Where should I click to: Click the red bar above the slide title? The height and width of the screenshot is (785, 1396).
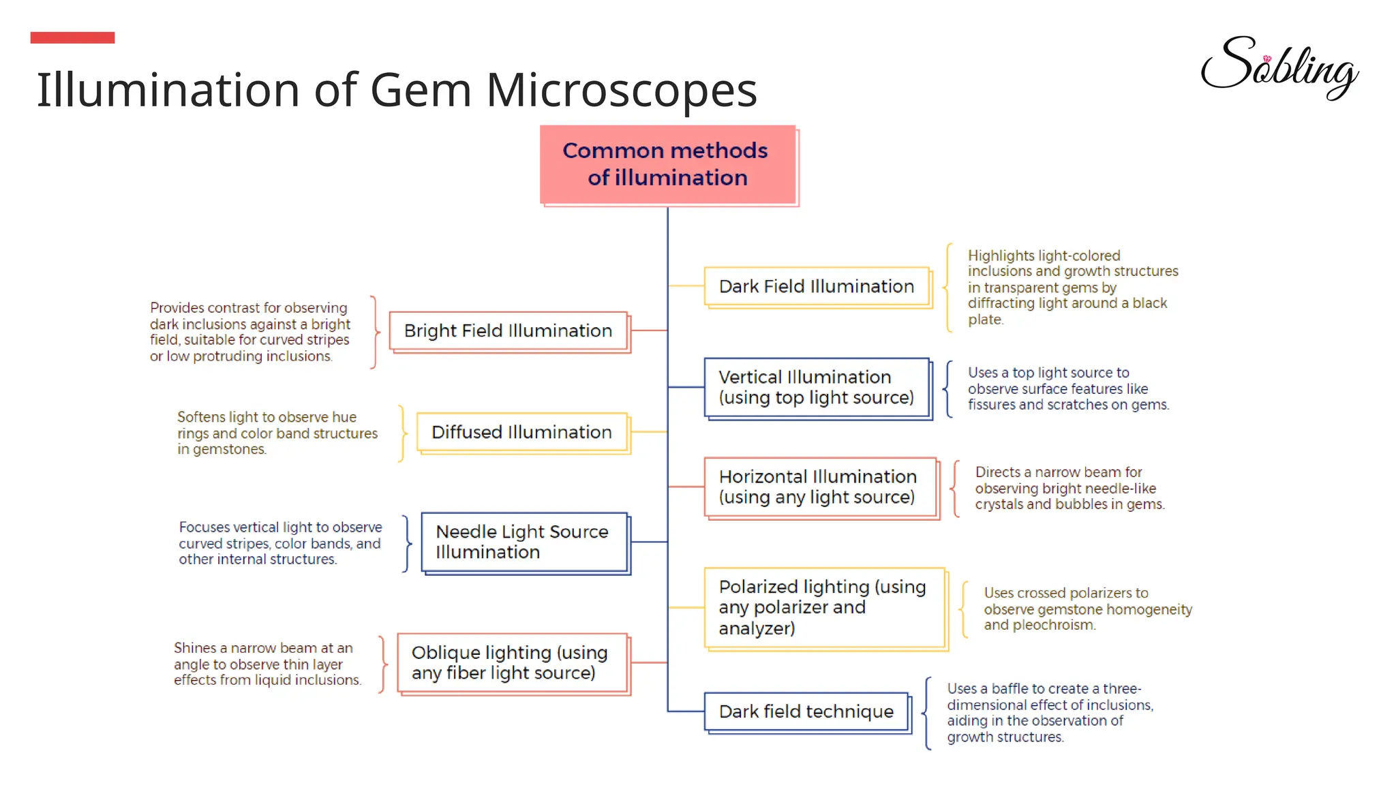(x=72, y=37)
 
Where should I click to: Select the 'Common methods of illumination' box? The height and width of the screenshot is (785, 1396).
(x=667, y=164)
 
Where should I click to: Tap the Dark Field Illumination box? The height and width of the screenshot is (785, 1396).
(x=816, y=286)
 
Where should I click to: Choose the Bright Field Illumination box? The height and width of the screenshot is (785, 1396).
(x=508, y=330)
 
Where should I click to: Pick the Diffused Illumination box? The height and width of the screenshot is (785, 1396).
(x=521, y=432)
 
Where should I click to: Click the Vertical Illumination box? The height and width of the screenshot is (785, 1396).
(x=816, y=387)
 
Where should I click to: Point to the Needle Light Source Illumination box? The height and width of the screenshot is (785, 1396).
(x=523, y=542)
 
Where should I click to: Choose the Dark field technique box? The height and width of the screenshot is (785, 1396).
(x=806, y=711)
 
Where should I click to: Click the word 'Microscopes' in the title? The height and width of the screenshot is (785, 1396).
(x=621, y=90)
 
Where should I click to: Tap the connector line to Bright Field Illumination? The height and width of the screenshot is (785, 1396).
(x=648, y=330)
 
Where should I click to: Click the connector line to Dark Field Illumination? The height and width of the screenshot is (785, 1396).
(x=686, y=286)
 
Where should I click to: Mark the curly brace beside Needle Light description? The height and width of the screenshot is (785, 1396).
(x=408, y=543)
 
